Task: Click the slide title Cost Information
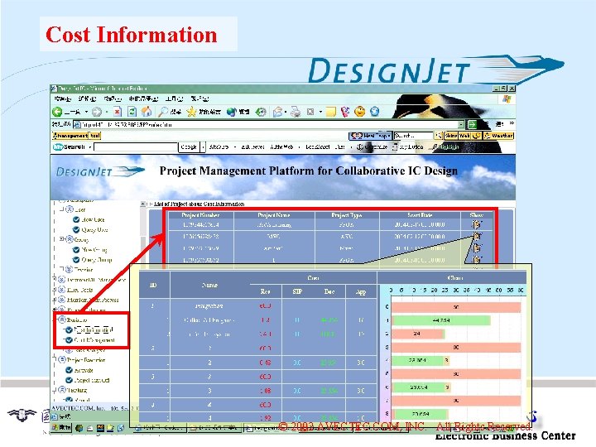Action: coord(131,35)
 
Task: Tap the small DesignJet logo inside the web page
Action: coord(99,171)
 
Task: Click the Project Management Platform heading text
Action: coord(308,171)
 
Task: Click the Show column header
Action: coord(477,215)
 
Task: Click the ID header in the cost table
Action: coord(153,285)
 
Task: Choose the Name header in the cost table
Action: coord(210,285)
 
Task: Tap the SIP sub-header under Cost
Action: coord(296,291)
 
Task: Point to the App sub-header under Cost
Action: coord(361,291)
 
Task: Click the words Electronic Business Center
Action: coord(505,435)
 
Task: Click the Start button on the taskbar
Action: coord(60,429)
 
